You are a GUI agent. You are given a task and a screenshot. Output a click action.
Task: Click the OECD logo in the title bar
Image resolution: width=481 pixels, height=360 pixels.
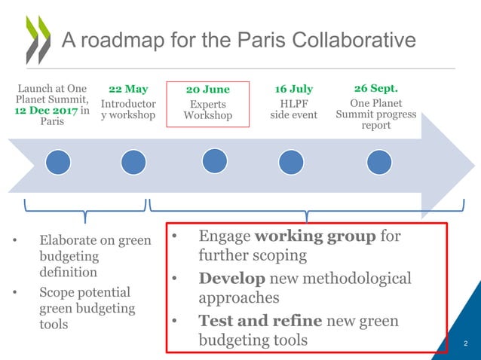coord(38,39)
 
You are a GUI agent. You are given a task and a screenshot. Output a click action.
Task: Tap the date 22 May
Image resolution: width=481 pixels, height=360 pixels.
coord(128,89)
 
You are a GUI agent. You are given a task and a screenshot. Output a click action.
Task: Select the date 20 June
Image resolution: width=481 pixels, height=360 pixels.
coord(207,90)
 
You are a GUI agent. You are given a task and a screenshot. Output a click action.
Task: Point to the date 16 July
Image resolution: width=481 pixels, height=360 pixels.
coord(294,89)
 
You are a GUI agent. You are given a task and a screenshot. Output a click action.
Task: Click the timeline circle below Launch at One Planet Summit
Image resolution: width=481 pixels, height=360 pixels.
coord(58,162)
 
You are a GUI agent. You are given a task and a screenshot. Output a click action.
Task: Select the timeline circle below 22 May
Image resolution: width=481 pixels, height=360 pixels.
coord(133,162)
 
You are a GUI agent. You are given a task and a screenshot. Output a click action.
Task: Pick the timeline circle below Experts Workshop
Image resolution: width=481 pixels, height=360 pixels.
coord(214,160)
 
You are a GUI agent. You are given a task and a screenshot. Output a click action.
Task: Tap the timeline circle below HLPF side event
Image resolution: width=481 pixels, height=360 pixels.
coord(291,162)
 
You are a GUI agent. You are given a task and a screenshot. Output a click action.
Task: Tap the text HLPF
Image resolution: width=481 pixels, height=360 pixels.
coord(294,103)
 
